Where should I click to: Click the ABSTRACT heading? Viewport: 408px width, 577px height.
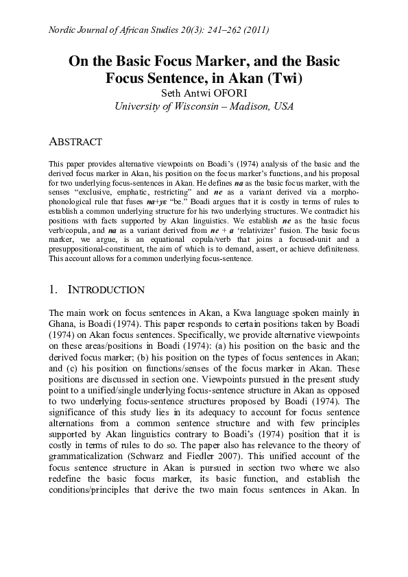coord(75,143)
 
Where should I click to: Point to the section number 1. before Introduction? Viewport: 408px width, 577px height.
coord(54,290)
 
